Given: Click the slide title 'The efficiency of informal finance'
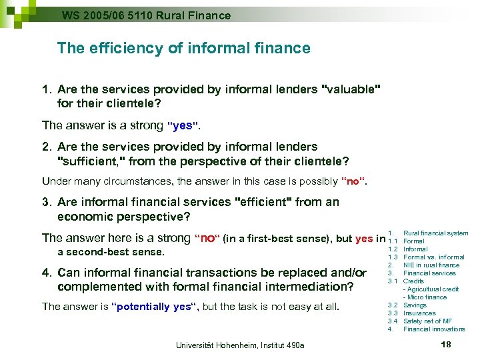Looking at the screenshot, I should pos(183,48).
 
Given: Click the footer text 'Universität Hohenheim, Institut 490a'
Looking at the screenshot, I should pos(240,345).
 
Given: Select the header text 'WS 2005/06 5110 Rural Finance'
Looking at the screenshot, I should pos(146,15).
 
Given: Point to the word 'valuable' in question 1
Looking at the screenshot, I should pos(351,89).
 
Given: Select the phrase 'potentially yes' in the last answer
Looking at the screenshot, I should pos(155,307).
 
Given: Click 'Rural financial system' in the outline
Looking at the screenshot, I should pos(436,233).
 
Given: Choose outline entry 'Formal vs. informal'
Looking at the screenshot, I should pos(433,257).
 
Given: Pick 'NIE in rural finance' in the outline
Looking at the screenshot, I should pos(431,265).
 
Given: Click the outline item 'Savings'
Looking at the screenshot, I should pos(415,305).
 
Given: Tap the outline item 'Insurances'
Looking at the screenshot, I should pos(419,313).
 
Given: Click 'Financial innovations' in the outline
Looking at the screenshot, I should pos(434,329).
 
